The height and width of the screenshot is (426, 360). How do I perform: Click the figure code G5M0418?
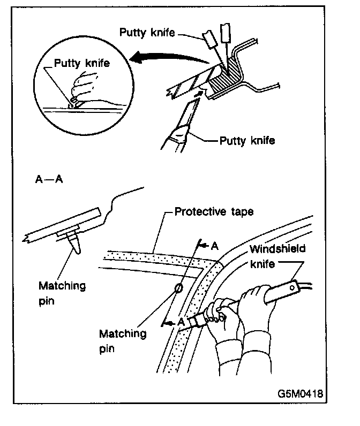click(300, 393)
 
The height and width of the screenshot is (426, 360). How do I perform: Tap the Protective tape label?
click(214, 212)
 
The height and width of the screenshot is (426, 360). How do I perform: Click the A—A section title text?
click(49, 180)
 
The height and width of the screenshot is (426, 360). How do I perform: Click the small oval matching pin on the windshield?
click(179, 290)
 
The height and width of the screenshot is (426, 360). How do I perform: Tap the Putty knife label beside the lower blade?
click(247, 141)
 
